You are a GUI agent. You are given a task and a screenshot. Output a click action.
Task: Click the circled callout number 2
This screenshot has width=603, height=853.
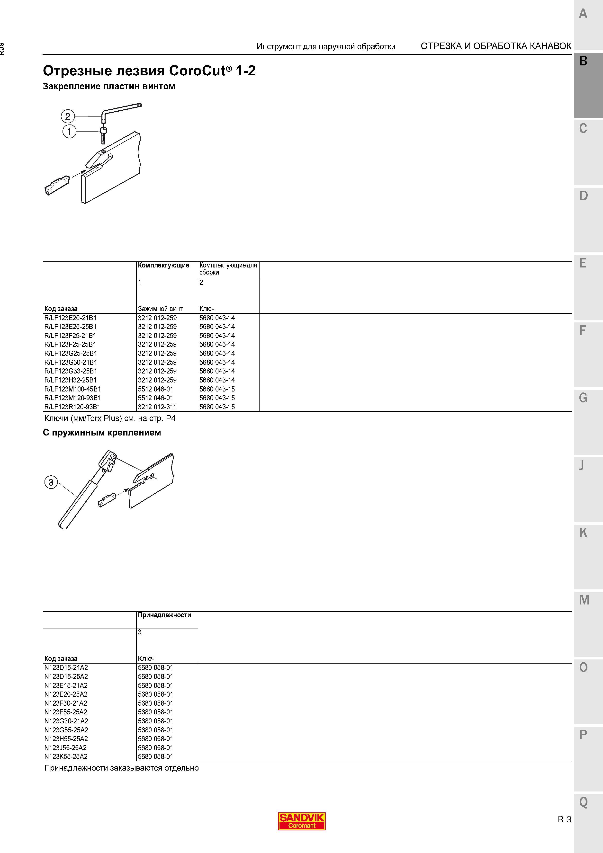click(68, 117)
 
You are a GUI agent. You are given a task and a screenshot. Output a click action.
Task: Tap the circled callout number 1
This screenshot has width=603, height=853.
click(69, 131)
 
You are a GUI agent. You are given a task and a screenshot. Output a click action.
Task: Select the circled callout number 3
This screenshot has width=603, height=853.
click(51, 482)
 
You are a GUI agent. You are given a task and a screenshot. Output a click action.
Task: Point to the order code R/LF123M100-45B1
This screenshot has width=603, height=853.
click(72, 389)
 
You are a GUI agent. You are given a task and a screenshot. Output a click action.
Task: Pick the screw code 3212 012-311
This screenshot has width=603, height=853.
click(157, 407)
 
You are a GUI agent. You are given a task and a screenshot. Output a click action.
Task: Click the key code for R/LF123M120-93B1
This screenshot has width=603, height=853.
click(217, 398)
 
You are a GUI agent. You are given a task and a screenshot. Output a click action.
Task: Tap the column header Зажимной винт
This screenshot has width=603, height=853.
click(160, 309)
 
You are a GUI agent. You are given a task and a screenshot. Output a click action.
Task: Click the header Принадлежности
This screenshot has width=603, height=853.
click(164, 615)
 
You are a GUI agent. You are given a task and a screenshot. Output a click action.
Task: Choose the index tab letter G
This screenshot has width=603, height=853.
click(583, 398)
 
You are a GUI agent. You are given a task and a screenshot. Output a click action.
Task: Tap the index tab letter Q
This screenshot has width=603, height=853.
click(583, 802)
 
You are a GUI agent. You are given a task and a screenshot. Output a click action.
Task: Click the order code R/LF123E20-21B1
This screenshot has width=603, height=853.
click(70, 318)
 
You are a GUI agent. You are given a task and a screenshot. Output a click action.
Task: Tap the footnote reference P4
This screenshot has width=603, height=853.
click(171, 418)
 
